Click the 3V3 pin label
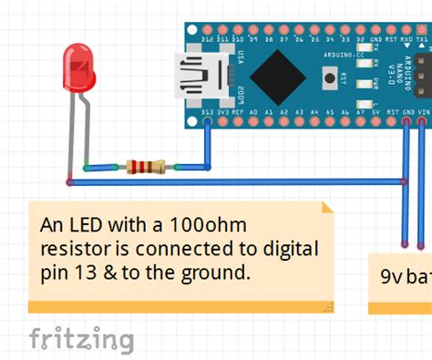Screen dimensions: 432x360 pyautogui.click(x=223, y=114)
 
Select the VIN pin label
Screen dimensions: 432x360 pyautogui.click(x=421, y=114)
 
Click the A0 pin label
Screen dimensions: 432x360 pyautogui.click(x=253, y=114)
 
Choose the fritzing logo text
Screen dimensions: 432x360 pyautogui.click(x=80, y=339)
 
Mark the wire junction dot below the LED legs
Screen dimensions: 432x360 pyautogui.click(x=70, y=181)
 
